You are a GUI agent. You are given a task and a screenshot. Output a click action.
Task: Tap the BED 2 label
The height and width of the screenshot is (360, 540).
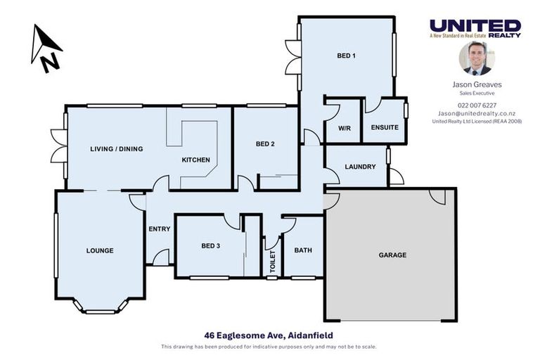click(264, 144)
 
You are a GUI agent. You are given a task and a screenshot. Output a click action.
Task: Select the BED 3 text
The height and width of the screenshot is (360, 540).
click(211, 245)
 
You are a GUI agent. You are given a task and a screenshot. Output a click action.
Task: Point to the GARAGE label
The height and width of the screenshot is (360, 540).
click(392, 255)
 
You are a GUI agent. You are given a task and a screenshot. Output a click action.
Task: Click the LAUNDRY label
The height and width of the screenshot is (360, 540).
click(360, 167)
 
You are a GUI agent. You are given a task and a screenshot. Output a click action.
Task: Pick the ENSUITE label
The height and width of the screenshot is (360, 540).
click(385, 127)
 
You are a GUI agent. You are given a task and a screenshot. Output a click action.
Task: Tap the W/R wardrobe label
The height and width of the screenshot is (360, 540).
click(343, 128)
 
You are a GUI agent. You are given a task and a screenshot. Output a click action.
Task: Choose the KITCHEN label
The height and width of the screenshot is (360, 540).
click(196, 160)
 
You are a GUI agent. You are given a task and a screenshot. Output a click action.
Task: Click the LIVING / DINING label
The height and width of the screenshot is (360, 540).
click(116, 149)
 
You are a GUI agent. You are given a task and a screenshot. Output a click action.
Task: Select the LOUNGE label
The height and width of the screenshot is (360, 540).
click(100, 250)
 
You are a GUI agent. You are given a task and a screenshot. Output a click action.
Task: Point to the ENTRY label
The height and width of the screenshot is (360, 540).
click(160, 229)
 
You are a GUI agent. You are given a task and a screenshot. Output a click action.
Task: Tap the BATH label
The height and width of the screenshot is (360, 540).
click(303, 250)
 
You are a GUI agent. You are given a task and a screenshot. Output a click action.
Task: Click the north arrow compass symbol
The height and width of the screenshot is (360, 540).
click(46, 48)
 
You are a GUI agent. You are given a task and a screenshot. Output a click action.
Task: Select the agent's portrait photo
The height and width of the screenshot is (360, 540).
click(477, 58)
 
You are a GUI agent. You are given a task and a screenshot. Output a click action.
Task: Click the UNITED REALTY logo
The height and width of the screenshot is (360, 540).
click(475, 28)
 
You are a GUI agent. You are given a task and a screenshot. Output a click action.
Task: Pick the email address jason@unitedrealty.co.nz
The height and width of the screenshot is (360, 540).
click(477, 113)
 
